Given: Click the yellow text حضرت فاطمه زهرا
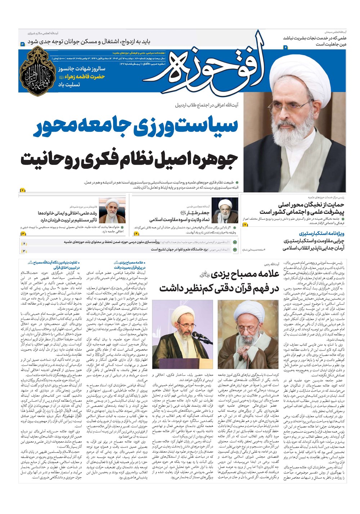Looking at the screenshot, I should (x=83, y=77).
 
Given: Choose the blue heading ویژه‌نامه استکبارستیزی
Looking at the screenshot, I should (x=314, y=233).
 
